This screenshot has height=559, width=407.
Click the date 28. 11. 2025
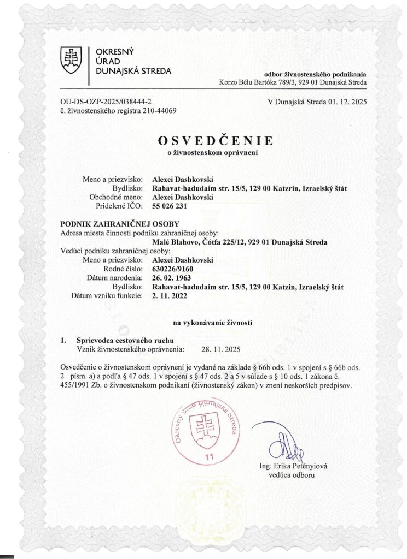pos(221,349)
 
